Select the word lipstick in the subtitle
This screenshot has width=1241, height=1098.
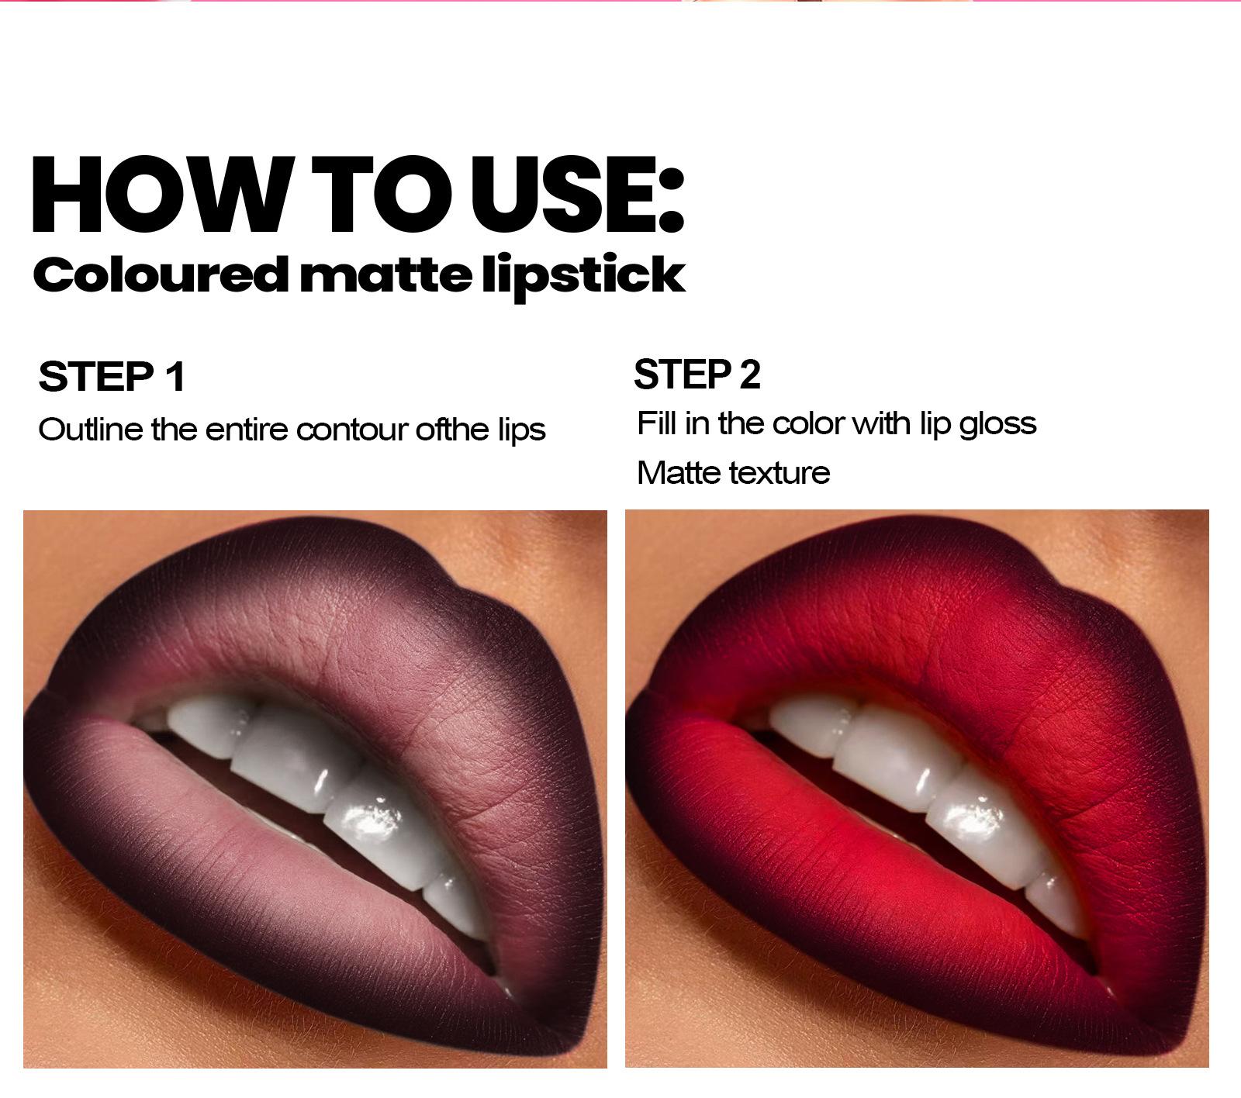point(583,277)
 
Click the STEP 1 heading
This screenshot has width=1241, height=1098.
point(112,377)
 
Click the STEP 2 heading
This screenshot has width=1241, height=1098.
point(697,375)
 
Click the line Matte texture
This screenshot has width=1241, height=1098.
point(733,473)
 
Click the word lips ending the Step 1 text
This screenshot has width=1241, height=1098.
point(521,430)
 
